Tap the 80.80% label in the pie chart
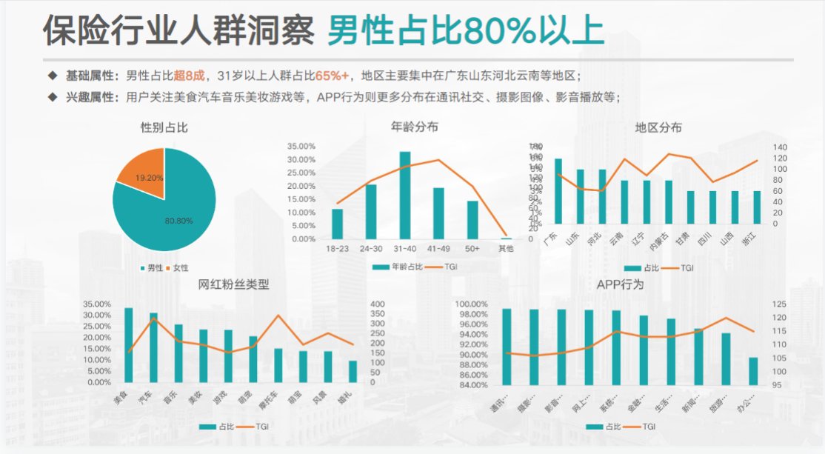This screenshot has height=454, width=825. coord(178,220)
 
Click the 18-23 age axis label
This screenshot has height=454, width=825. coord(337,249)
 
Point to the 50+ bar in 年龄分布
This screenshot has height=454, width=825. coord(472,220)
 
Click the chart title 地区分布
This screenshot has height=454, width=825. coord(658,127)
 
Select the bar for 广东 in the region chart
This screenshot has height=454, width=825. coord(558,191)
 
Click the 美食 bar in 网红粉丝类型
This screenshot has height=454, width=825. coord(129,344)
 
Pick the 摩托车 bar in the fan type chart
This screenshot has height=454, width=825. coord(278,365)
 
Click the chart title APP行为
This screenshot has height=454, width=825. coord(620,284)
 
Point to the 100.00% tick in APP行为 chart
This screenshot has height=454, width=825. coord(472,304)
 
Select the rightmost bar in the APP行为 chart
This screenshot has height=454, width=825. coord(753,371)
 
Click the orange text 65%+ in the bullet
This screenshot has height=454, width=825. coord(333,76)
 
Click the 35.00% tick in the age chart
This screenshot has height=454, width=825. coord(301,146)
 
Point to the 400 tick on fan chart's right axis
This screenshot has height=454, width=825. coord(377,304)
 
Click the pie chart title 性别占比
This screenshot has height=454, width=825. coord(164,127)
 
